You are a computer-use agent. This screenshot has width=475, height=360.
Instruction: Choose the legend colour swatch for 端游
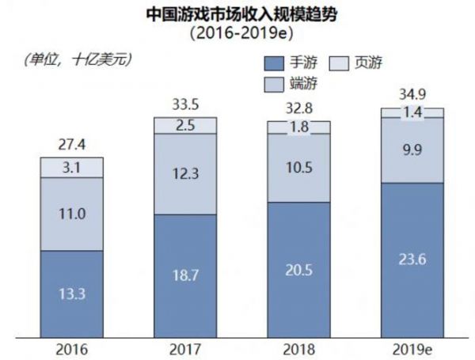click(273, 82)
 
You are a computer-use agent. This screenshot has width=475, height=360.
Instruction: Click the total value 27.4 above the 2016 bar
click(72, 146)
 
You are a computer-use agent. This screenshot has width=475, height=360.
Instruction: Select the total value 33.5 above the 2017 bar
click(184, 104)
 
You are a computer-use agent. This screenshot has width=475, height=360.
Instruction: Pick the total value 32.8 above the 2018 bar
click(298, 108)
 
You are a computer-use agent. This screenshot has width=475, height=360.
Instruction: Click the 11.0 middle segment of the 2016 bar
click(72, 214)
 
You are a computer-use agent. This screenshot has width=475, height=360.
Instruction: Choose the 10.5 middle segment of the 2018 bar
click(298, 168)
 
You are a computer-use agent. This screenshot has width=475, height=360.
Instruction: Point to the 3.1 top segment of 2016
click(72, 167)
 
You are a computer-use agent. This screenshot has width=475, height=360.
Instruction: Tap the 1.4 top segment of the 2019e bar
click(412, 113)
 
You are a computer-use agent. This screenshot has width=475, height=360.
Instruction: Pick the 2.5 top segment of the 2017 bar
click(184, 125)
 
